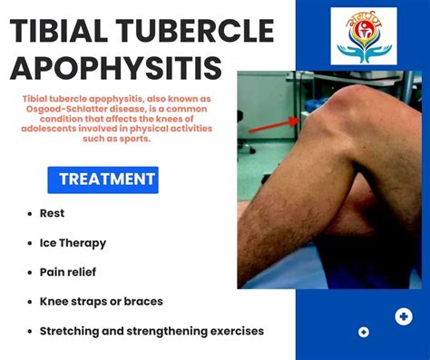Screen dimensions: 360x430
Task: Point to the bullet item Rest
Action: (x=52, y=214)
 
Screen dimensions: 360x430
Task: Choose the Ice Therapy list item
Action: (x=73, y=243)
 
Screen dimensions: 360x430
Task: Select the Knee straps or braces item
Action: (x=101, y=300)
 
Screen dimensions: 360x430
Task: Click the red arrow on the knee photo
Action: (x=271, y=126)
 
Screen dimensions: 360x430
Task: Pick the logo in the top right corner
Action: (x=363, y=35)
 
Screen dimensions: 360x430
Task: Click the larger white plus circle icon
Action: (x=404, y=316)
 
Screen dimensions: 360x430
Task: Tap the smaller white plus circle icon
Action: (x=364, y=332)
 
